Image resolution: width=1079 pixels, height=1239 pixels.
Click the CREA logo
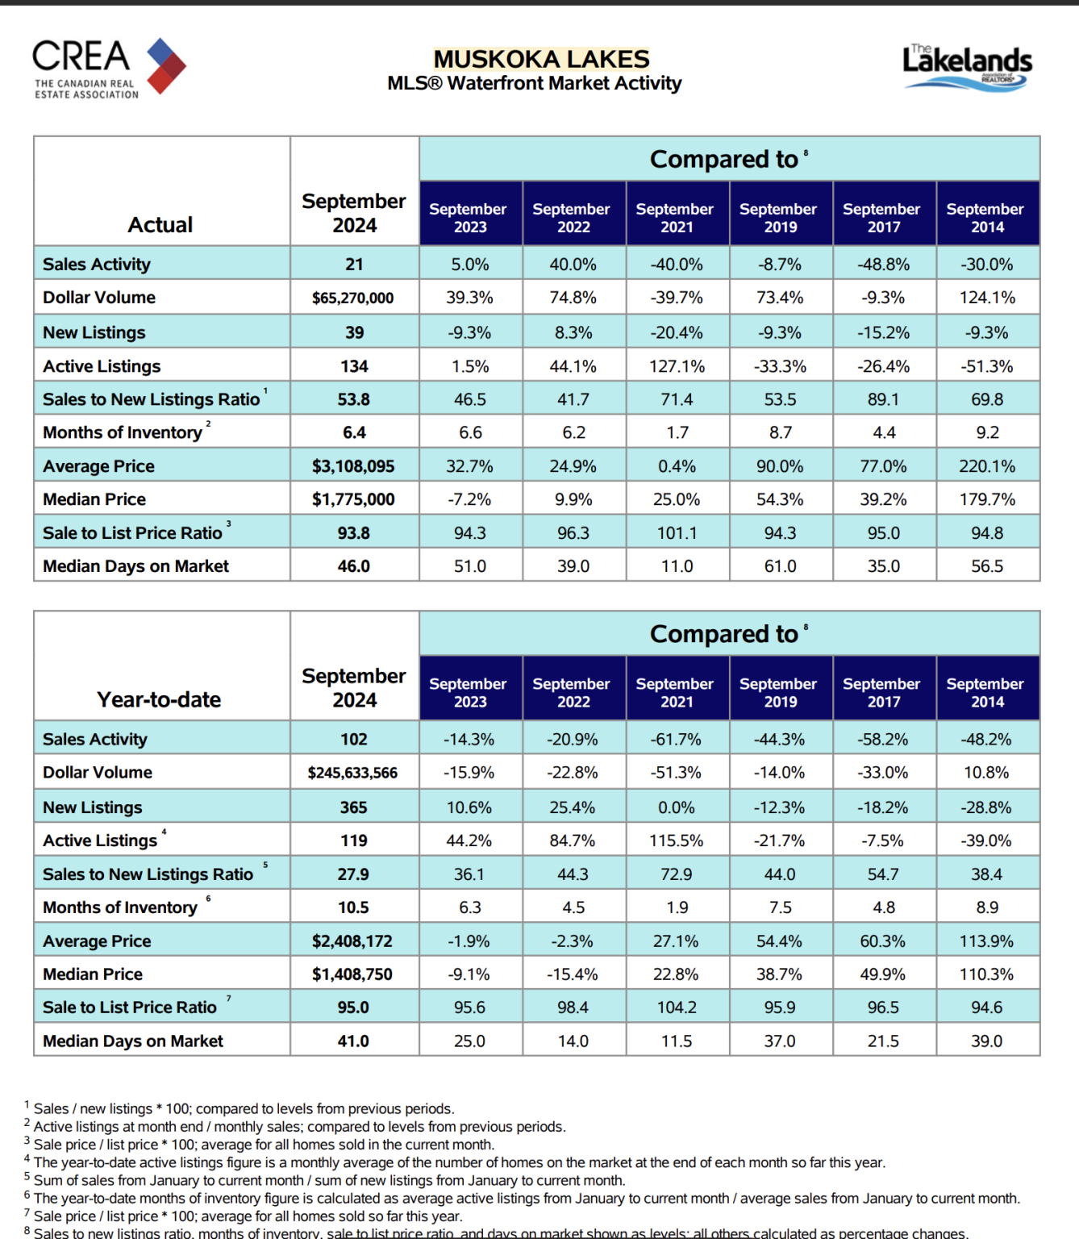[109, 68]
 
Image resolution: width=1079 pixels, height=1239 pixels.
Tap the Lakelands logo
[967, 68]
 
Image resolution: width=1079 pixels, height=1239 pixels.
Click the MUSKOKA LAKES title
[541, 59]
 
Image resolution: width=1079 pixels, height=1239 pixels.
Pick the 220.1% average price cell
[987, 466]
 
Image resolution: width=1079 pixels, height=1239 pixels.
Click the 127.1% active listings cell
[677, 366]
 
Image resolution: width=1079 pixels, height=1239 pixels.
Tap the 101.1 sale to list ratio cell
[677, 533]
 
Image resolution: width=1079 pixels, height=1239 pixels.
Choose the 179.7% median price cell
[987, 499]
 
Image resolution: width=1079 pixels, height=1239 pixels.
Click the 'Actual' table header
[160, 225]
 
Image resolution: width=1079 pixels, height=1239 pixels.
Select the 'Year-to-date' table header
[159, 699]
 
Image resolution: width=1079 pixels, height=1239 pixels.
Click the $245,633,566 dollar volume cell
[352, 773]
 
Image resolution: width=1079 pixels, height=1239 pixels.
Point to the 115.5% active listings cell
[677, 841]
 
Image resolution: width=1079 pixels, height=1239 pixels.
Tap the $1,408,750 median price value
[352, 974]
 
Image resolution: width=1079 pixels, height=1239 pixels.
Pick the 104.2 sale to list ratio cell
[677, 1007]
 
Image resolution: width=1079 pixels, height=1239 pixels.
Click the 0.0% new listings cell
[677, 807]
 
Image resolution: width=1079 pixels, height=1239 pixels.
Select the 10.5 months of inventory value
[353, 907]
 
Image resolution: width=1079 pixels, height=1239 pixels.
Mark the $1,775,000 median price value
[352, 499]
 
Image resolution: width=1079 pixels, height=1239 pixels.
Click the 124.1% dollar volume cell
[987, 298]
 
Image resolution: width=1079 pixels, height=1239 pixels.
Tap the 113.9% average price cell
[987, 941]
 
